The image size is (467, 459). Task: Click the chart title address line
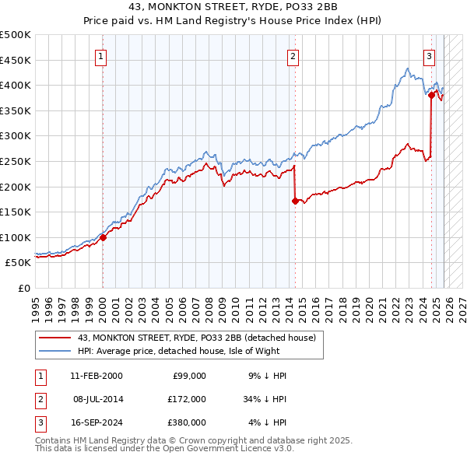tap(233, 8)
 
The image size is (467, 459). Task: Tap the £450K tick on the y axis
tap(16, 60)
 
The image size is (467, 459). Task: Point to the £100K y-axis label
tap(16, 237)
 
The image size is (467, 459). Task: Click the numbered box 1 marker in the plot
tap(102, 56)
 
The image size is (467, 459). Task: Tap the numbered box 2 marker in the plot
tap(293, 56)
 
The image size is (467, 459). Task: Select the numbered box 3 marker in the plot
tap(429, 56)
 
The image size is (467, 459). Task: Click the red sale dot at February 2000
tap(103, 238)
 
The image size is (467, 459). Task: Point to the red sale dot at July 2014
tap(295, 201)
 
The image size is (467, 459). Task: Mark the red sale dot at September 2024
tap(431, 95)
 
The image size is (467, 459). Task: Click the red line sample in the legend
tap(54, 338)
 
